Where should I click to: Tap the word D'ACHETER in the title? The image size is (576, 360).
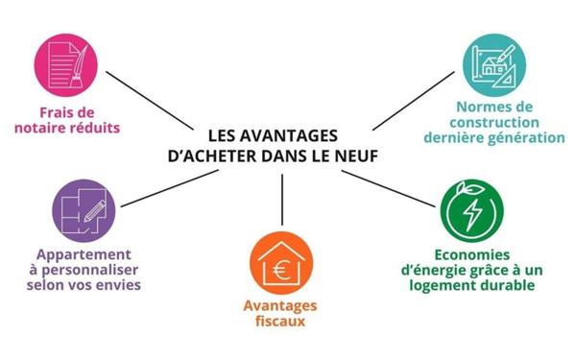pyautogui.click(x=221, y=153)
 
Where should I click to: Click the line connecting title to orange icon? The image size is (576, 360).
pyautogui.click(x=282, y=199)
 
